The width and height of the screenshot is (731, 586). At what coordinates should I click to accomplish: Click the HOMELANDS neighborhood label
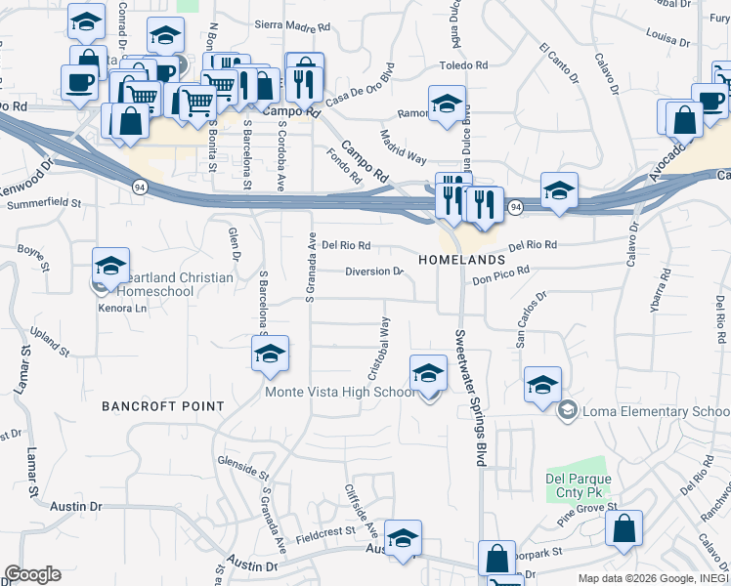pyautogui.click(x=461, y=261)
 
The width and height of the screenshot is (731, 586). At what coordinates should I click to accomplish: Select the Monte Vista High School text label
pyautogui.click(x=340, y=393)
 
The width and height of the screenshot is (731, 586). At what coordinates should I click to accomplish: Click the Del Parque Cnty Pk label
pyautogui.click(x=579, y=486)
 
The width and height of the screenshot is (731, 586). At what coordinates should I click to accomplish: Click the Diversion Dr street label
pyautogui.click(x=374, y=272)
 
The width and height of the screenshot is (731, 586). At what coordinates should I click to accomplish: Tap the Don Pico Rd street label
pyautogui.click(x=500, y=275)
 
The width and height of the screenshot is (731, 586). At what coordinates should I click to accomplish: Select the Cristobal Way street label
pyautogui.click(x=378, y=347)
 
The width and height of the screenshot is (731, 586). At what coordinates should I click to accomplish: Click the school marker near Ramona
pyautogui.click(x=447, y=104)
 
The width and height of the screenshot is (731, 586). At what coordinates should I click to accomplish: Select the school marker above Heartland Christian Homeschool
pyautogui.click(x=111, y=266)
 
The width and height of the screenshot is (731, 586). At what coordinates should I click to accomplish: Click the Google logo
pyautogui.click(x=32, y=574)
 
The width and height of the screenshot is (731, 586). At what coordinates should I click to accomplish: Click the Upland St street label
pyautogui.click(x=50, y=341)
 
